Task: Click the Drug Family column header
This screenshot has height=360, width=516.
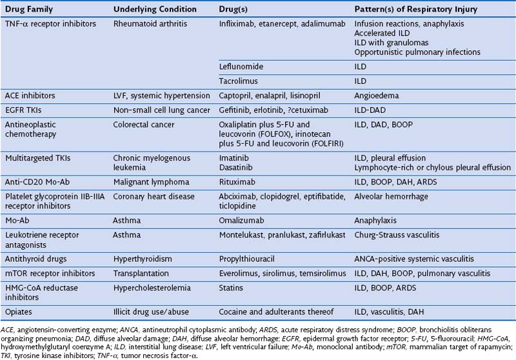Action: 29,9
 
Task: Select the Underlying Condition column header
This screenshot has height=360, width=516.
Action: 148,9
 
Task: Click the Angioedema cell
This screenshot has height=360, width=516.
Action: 377,95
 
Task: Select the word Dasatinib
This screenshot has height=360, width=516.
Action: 238,167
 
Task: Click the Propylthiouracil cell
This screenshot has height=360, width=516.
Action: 250,257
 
